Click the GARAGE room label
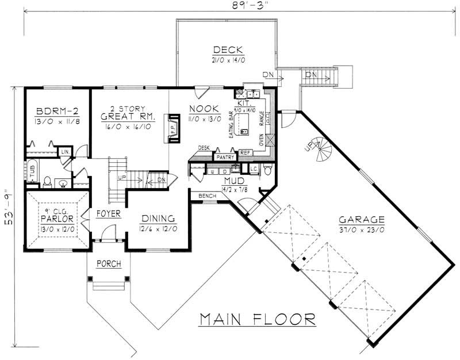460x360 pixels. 361,219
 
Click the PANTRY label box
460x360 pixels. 224,155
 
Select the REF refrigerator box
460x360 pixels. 246,153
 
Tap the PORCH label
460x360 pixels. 107,265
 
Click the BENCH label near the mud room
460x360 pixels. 206,196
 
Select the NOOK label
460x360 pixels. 204,108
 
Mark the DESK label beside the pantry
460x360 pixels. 204,148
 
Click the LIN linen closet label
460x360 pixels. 66,151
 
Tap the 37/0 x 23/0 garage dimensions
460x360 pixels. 361,229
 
